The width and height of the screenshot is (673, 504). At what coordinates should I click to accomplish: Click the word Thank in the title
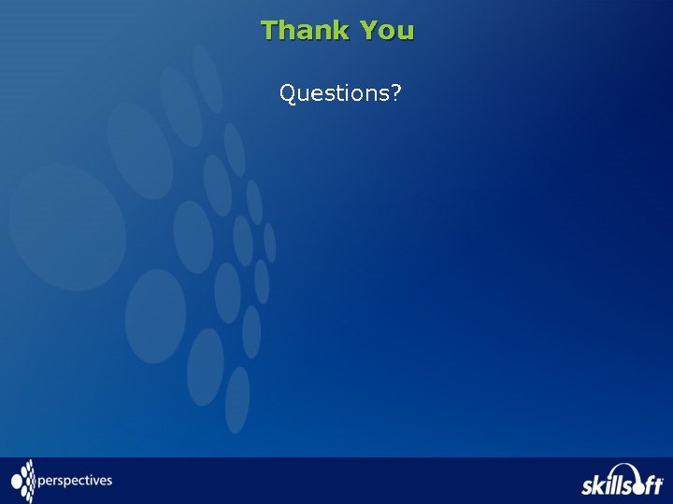(x=306, y=31)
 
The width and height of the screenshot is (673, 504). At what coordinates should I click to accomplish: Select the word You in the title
(x=387, y=31)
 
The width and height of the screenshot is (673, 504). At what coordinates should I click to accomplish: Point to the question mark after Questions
(x=396, y=93)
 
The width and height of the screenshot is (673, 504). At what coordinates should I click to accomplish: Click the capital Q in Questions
(x=287, y=93)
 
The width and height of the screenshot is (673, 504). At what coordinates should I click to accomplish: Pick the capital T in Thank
(x=269, y=31)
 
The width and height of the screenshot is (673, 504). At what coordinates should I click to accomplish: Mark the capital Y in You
(x=369, y=31)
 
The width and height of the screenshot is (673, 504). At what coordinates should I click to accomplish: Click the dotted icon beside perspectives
(x=23, y=481)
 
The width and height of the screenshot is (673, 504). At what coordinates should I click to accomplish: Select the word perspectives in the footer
(x=75, y=482)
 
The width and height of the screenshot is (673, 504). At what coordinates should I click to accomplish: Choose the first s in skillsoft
(x=588, y=486)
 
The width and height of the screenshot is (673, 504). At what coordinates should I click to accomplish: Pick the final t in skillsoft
(x=658, y=484)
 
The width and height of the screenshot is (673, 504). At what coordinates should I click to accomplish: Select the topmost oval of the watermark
(x=208, y=78)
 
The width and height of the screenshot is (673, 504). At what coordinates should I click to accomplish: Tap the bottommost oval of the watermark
(x=237, y=399)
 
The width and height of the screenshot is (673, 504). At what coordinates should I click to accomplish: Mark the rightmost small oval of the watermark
(x=269, y=243)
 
